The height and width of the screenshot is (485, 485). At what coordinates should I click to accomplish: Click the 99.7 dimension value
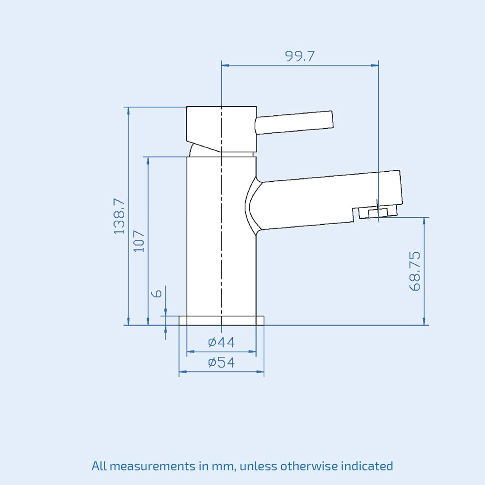(300, 56)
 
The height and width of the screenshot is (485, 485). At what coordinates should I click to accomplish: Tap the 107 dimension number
(139, 241)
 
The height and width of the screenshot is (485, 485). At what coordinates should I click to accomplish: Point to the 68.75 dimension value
(415, 271)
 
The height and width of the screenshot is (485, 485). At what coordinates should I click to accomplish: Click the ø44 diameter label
(221, 342)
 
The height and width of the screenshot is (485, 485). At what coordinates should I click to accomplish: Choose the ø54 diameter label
(221, 362)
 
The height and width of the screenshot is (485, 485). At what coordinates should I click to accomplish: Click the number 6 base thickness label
(157, 294)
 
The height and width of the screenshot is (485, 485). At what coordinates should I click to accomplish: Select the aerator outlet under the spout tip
(377, 212)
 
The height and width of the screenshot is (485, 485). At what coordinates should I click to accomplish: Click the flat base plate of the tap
(222, 320)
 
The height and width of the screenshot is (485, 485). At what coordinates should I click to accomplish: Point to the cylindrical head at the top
(221, 127)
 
